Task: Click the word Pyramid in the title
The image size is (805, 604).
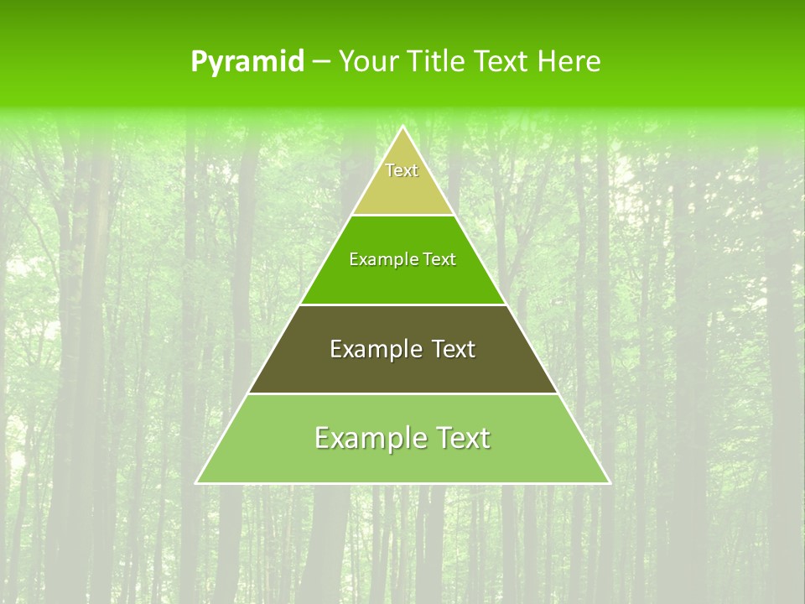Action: pyautogui.click(x=247, y=62)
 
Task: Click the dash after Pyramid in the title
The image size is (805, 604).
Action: pyautogui.click(x=321, y=62)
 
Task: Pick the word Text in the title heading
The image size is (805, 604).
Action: pyautogui.click(x=501, y=61)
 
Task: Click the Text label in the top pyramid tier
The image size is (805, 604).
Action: pyautogui.click(x=402, y=170)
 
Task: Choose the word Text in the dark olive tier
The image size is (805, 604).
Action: pyautogui.click(x=454, y=349)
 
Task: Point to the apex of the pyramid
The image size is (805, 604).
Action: pyautogui.click(x=402, y=128)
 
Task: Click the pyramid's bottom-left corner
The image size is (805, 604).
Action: pyautogui.click(x=197, y=482)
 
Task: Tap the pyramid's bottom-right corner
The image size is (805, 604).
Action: pyautogui.click(x=609, y=482)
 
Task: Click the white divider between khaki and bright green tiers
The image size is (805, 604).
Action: pyautogui.click(x=402, y=216)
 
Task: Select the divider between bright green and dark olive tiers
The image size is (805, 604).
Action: pyautogui.click(x=402, y=305)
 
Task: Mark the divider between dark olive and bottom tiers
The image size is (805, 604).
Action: pyautogui.click(x=402, y=393)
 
